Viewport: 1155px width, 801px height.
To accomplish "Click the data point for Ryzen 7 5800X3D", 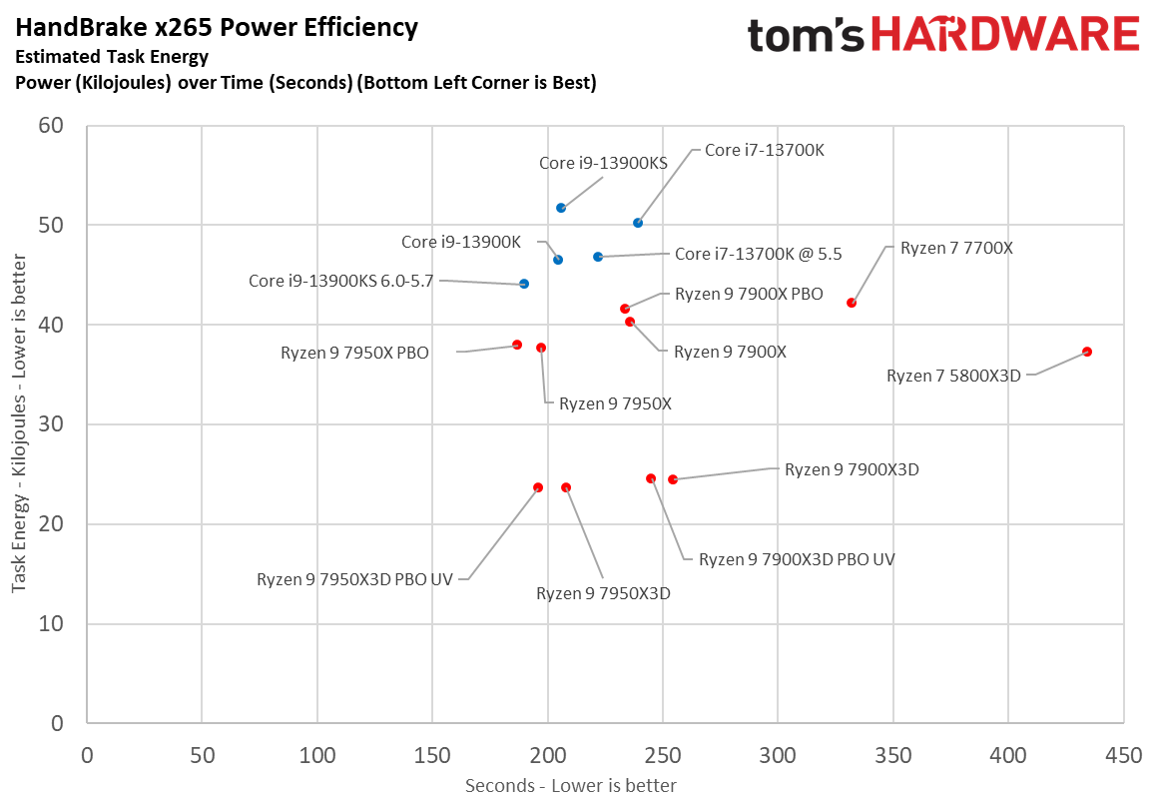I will [1087, 352].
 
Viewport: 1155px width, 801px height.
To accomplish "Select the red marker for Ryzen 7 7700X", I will [852, 303].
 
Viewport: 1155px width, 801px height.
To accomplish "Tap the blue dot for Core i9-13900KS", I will [561, 208].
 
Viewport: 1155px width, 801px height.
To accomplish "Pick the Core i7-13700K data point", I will [638, 223].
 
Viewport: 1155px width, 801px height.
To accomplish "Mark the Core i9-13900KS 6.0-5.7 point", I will [524, 284].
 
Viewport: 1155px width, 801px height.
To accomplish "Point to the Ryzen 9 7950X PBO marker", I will [517, 345].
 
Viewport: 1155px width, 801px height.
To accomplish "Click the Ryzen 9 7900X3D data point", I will [673, 479].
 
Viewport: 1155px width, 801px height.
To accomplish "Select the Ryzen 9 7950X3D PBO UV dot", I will [538, 487].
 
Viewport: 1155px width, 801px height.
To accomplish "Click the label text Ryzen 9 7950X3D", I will [603, 593].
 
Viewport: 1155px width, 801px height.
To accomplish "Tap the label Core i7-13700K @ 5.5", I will [758, 255].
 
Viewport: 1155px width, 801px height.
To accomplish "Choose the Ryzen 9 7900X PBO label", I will [749, 295].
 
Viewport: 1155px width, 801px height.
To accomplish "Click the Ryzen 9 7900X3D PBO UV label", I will [796, 559].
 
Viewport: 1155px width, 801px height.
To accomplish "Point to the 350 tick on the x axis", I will [892, 756].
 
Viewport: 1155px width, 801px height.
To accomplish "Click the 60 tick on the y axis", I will [51, 126].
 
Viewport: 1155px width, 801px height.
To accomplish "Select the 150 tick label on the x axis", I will [432, 756].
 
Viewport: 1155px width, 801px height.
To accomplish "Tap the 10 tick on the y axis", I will [51, 624].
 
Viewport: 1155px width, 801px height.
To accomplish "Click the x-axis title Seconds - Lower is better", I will [571, 786].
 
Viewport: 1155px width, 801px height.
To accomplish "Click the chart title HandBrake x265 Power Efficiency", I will [217, 28].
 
